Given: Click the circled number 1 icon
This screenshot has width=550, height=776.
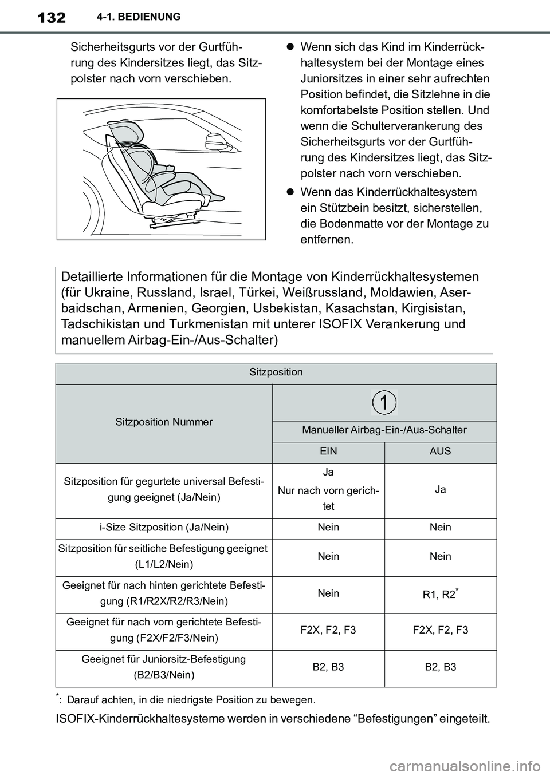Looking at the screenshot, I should coord(384,403).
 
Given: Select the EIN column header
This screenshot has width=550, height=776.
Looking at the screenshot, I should coord(328,452).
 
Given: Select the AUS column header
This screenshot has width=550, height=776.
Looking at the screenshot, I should coord(440,452).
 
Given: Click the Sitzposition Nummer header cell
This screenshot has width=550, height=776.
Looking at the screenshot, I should coord(164,422).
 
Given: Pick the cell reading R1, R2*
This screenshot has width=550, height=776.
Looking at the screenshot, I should coord(440,595).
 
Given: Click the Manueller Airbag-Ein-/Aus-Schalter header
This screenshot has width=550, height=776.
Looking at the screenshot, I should coord(384,430).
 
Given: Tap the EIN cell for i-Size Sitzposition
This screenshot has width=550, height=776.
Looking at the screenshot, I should coord(328,528).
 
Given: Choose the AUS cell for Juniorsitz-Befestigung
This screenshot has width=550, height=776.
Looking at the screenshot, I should coord(440,667).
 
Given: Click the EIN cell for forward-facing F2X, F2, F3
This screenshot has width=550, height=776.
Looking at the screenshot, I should coord(328,631).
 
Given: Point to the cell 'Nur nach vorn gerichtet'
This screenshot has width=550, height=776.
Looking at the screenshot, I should coord(328,498).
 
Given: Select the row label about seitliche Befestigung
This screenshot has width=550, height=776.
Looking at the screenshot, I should coord(163,556).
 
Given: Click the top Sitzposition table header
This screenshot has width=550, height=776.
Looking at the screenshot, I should coord(276,373).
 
